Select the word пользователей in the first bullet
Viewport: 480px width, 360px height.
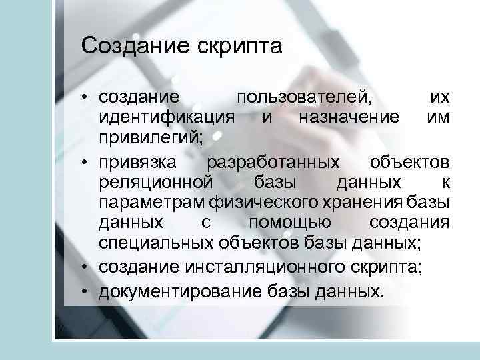[x=304, y=97]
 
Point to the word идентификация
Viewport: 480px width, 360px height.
[x=167, y=117]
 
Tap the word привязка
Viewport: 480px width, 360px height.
[x=138, y=163]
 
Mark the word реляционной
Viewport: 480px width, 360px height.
[x=155, y=183]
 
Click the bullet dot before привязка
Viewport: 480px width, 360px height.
[x=87, y=163]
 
